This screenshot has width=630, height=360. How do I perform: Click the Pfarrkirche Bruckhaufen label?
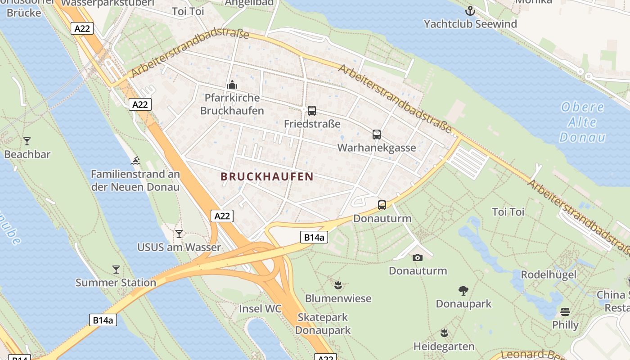point(232,104)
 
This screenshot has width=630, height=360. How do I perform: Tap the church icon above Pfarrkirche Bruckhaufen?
point(232,85)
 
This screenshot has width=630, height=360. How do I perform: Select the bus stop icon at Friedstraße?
point(311,111)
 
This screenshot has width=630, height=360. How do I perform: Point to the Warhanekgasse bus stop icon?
point(377,135)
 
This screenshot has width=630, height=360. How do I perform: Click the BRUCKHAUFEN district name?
point(267,177)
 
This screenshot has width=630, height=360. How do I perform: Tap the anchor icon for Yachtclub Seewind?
point(470,10)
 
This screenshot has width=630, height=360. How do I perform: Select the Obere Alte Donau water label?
point(583,122)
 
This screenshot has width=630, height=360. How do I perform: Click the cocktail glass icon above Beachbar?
point(27,141)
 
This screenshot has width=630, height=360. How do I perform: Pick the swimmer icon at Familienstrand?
point(135,161)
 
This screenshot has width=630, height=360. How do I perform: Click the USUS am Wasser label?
point(179,247)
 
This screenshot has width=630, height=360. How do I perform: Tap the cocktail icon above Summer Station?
point(116,270)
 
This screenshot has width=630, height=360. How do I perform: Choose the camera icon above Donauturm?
point(418,257)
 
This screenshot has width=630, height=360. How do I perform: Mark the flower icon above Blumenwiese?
point(338,285)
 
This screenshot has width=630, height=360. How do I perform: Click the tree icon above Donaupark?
point(463,290)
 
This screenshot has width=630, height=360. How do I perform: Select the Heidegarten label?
point(444,346)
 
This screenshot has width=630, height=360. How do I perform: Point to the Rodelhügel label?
point(548,274)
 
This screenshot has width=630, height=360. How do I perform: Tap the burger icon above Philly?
point(565,312)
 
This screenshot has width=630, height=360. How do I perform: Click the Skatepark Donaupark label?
point(323,324)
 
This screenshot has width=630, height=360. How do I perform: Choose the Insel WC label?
point(260,309)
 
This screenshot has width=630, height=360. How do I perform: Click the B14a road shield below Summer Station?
point(103,320)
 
